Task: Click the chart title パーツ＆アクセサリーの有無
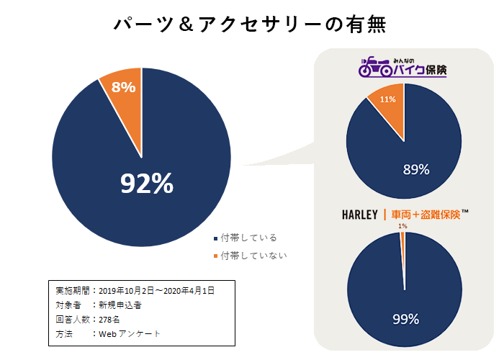pyautogui.click(x=251, y=24)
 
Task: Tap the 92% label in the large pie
pyautogui.click(x=147, y=184)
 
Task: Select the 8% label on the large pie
pyautogui.click(x=124, y=87)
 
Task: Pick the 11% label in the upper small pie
pyautogui.click(x=388, y=99)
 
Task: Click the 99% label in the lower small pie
pyautogui.click(x=405, y=318)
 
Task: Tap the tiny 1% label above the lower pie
pyautogui.click(x=402, y=226)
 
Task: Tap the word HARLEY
pyautogui.click(x=361, y=215)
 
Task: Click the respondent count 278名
pyautogui.click(x=111, y=320)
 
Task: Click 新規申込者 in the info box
pyautogui.click(x=121, y=305)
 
